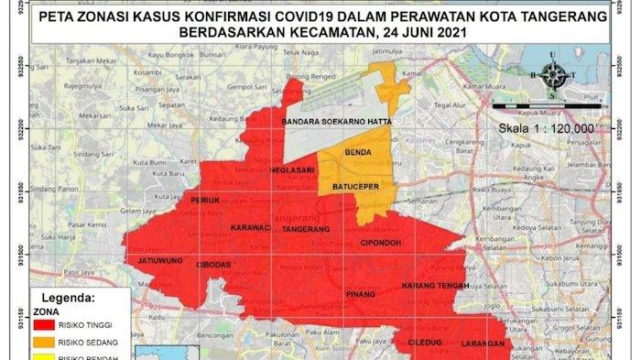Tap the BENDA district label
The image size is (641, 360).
[356, 151]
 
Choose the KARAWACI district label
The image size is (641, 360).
[251, 228]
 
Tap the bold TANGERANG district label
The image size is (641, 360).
[310, 229]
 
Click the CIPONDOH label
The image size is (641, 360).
[385, 243]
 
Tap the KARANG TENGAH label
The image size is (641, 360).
[436, 286]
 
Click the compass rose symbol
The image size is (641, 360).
[552, 77]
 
